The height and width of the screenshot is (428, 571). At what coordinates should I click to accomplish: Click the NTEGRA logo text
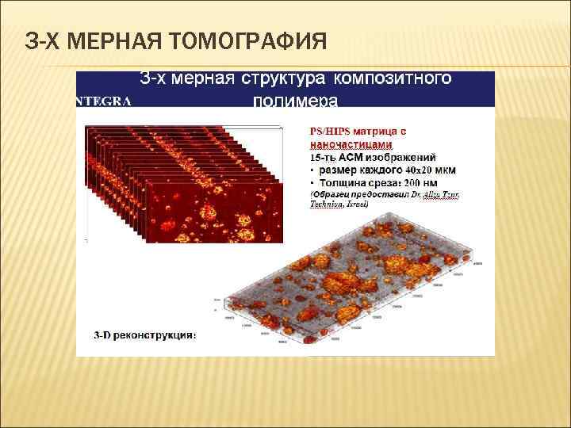(103, 101)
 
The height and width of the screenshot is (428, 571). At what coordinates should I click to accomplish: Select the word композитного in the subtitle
(393, 78)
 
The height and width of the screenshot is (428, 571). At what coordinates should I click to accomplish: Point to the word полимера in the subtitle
(295, 101)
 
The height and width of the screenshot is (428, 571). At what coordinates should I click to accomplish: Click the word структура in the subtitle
(283, 78)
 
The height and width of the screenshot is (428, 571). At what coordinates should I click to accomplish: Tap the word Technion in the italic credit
(326, 204)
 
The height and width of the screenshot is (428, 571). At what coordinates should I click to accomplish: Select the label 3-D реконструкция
(136, 335)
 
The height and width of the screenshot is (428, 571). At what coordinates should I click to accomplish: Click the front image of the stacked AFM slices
(215, 209)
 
